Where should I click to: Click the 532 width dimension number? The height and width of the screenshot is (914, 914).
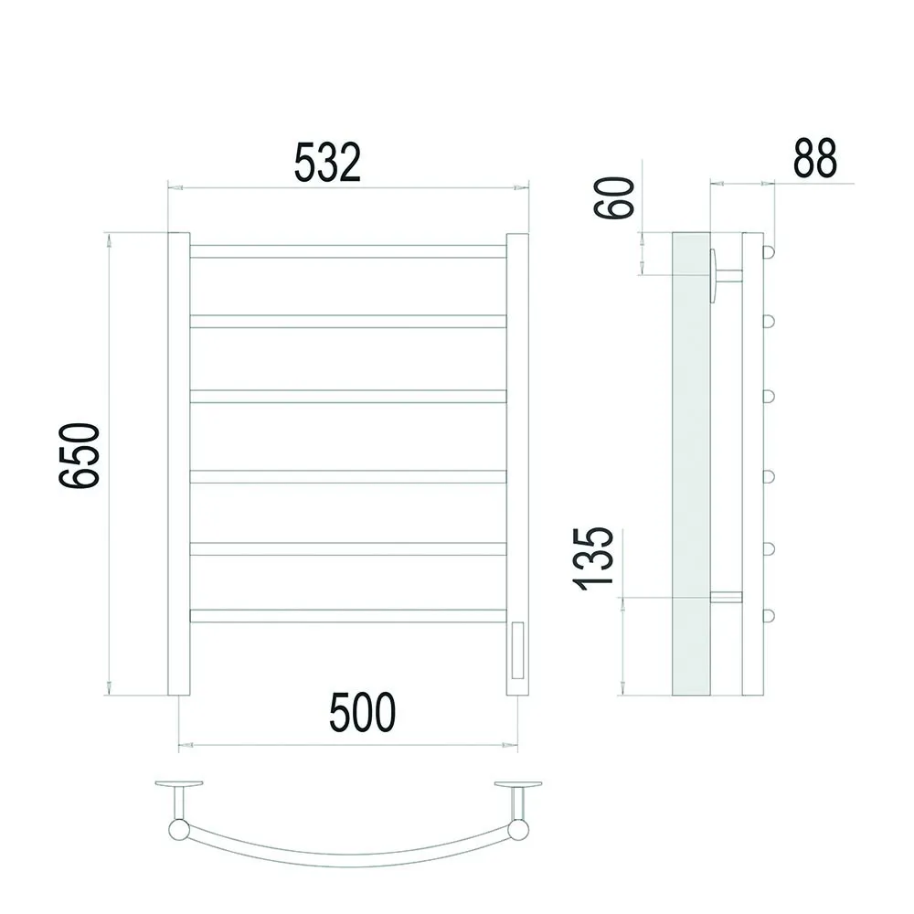[327, 162]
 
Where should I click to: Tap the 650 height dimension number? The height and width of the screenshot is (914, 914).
[80, 455]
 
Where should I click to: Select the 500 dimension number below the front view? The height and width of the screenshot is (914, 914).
[362, 712]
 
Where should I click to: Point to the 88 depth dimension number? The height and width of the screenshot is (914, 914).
[815, 158]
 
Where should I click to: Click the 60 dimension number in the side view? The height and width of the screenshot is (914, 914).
[614, 198]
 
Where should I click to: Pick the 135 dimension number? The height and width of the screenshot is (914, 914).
[593, 559]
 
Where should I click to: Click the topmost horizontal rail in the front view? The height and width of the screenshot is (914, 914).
[348, 251]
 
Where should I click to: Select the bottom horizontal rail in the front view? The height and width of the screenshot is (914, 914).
[348, 615]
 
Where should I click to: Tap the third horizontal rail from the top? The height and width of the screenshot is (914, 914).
[348, 397]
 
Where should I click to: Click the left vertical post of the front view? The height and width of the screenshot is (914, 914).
[179, 464]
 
